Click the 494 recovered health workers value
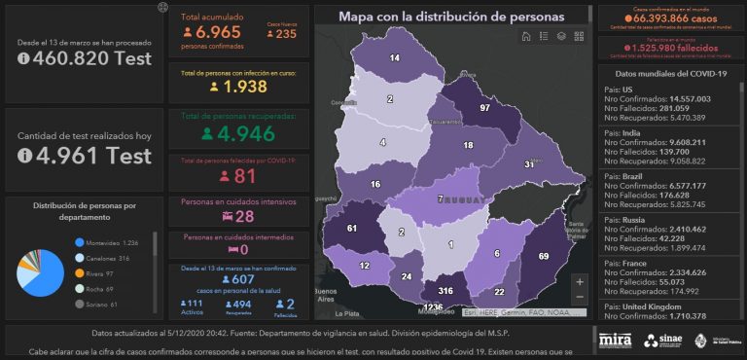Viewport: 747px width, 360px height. pos(239,304)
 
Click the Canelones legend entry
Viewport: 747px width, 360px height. pos(109,258)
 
